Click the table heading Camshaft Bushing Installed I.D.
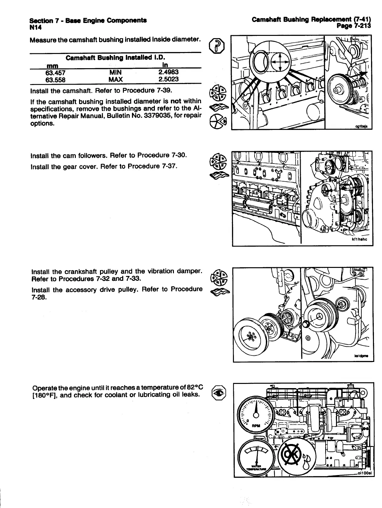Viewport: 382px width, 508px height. tap(115, 58)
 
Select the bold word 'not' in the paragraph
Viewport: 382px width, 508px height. tap(176, 101)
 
